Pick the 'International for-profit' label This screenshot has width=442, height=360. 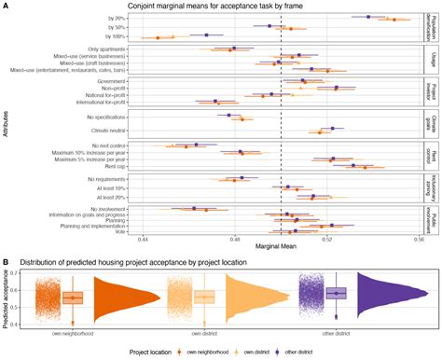pyautogui.click(x=97, y=104)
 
